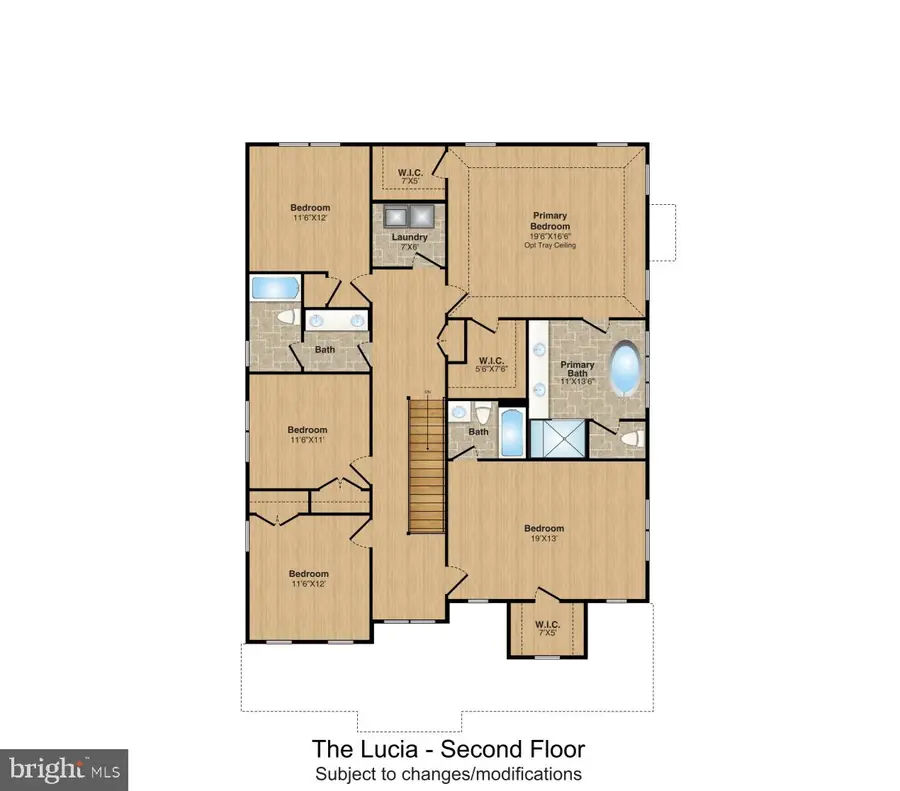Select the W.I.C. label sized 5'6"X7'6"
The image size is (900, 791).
tap(490, 361)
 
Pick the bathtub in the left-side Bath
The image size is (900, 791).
tap(274, 288)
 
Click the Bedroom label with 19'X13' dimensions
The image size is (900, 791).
tap(544, 528)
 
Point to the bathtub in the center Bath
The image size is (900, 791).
tap(510, 435)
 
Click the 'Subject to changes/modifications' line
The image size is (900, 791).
tap(448, 773)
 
